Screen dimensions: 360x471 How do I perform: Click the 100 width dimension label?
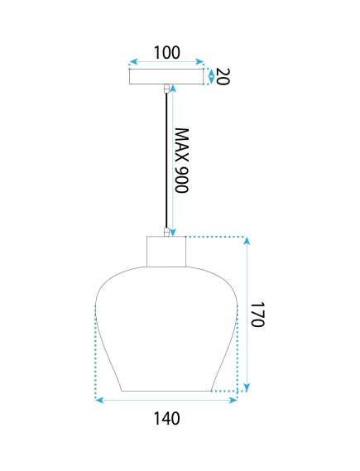[x=167, y=52]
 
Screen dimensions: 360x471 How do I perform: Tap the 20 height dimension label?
[x=223, y=77]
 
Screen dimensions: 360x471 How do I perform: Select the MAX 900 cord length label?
[x=181, y=161]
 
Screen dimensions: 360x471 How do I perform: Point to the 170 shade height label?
[x=257, y=315]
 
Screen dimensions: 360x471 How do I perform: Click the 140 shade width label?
[x=167, y=418]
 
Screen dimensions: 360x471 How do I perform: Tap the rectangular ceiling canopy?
[x=166, y=77]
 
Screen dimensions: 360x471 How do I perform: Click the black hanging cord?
[x=166, y=161]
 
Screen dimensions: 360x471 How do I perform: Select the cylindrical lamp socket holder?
[x=166, y=252]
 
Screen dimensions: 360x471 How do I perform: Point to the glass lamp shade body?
[x=166, y=329]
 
